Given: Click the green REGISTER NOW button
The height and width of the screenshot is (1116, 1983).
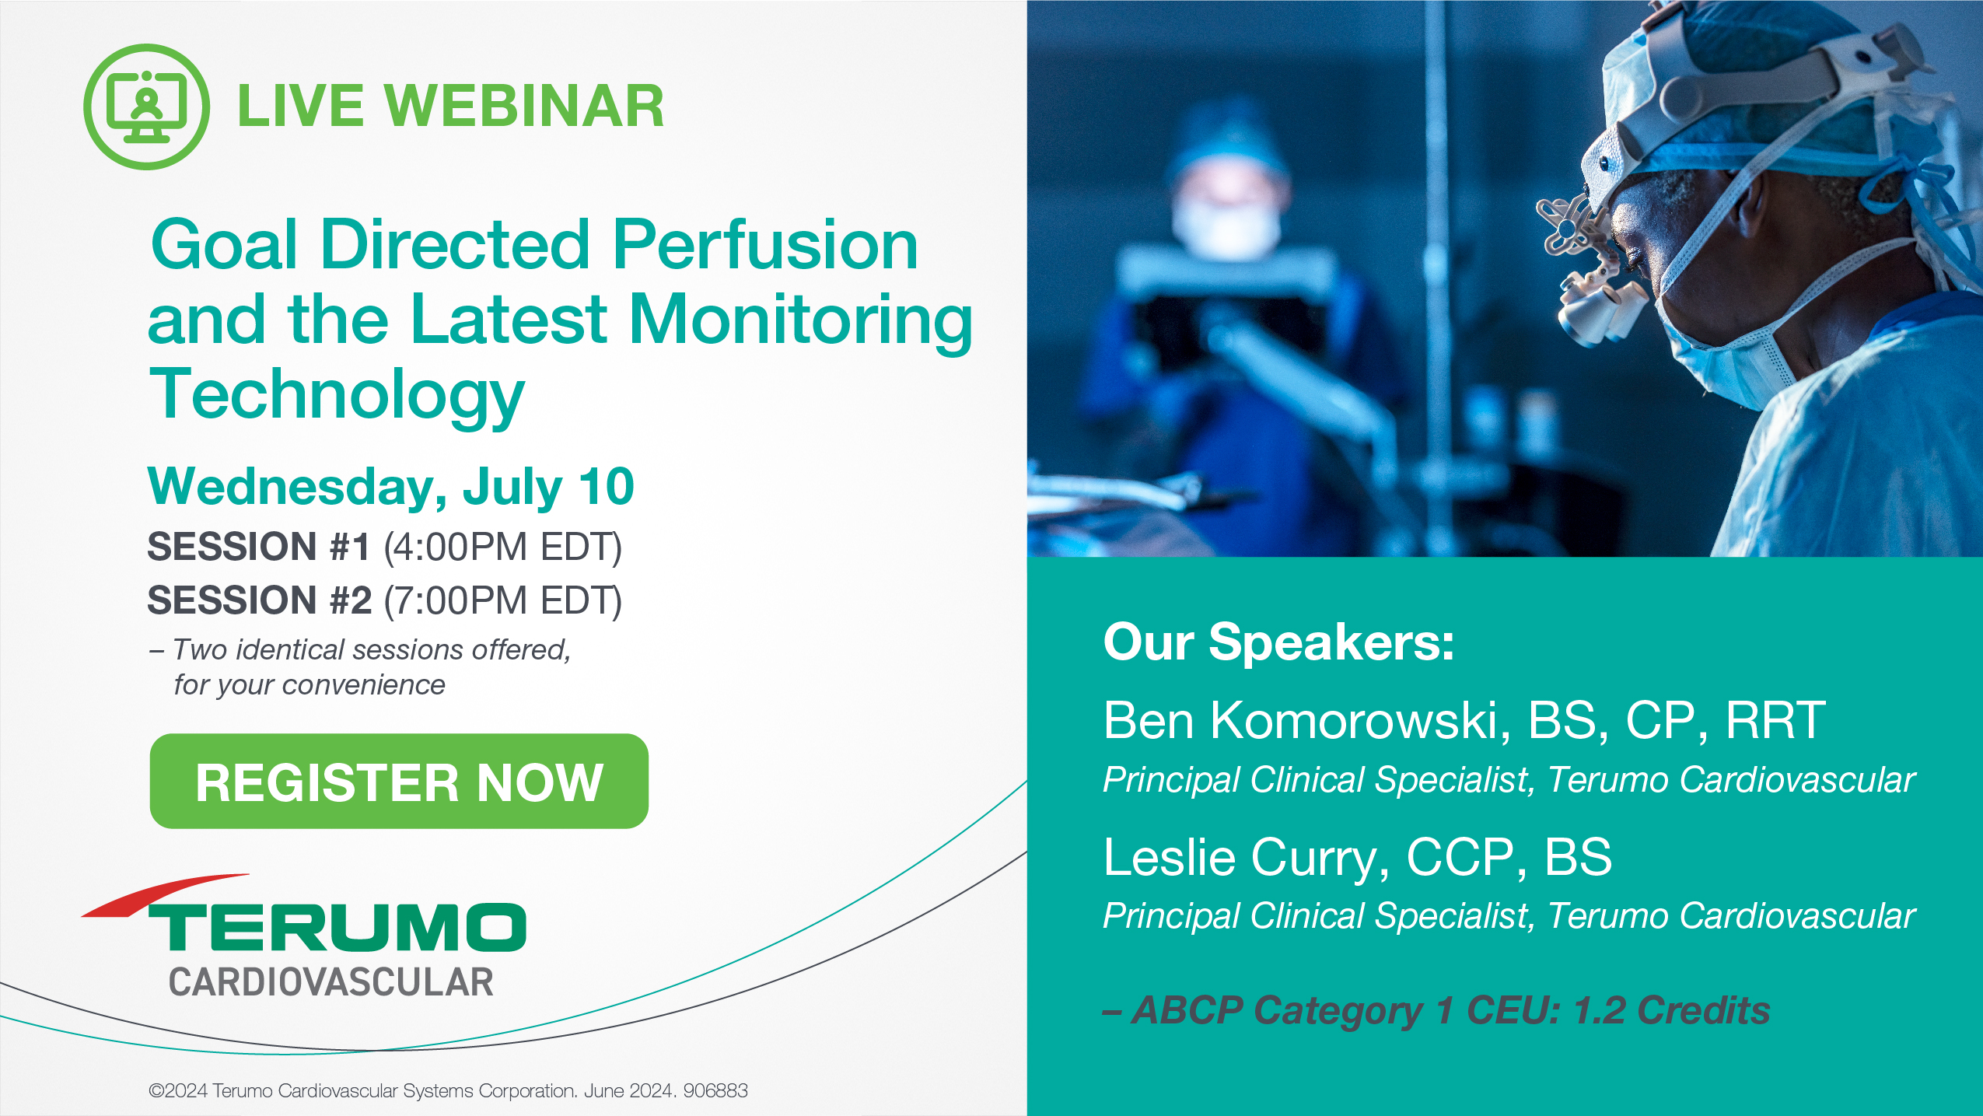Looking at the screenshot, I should point(399,781).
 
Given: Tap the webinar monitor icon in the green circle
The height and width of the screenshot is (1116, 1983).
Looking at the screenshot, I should point(146,107).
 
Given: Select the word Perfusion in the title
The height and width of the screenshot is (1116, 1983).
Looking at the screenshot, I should point(765,244).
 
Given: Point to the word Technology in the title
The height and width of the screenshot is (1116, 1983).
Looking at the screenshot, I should point(337,395).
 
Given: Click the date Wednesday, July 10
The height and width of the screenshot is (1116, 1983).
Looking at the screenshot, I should point(391,487).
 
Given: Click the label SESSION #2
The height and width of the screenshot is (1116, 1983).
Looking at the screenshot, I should point(260,600).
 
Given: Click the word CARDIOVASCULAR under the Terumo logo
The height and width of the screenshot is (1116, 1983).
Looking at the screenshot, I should point(331,982).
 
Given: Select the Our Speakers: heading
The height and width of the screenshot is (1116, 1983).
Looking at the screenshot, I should point(1278,643).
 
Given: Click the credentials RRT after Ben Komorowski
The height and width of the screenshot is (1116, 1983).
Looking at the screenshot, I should point(1775,720).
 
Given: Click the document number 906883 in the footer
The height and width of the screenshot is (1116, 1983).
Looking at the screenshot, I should point(715,1090).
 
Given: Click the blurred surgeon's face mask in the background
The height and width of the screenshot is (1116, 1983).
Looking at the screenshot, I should point(1225,222).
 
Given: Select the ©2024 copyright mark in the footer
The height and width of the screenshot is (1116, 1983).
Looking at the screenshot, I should point(179,1090).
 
